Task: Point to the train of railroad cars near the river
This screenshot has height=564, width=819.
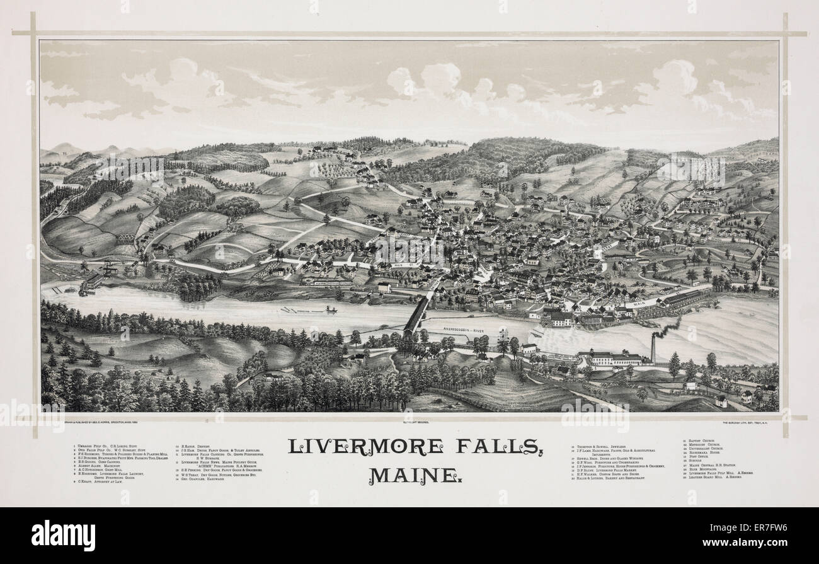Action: [x=328, y=283]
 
